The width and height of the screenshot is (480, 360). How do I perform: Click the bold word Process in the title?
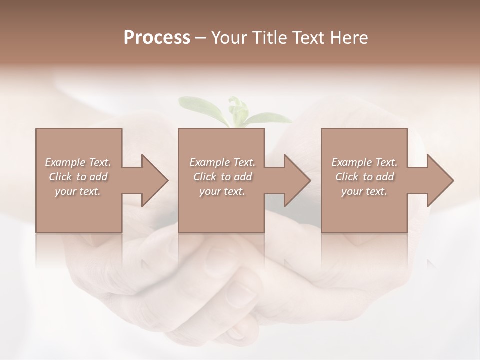click(x=157, y=37)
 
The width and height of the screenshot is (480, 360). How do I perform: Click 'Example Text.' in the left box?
click(x=78, y=162)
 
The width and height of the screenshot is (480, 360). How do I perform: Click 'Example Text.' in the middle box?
click(x=222, y=162)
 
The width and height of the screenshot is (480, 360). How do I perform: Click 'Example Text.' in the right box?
click(x=364, y=162)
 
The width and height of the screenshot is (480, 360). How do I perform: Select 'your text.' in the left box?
click(x=78, y=191)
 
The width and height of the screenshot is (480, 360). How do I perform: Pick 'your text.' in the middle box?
click(x=222, y=191)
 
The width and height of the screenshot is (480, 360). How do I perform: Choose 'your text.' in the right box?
click(x=364, y=191)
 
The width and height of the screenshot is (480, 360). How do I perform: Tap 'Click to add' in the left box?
click(x=78, y=177)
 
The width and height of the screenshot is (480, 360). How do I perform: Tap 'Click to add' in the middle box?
click(x=222, y=177)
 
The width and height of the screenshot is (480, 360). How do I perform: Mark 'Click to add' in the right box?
click(x=364, y=177)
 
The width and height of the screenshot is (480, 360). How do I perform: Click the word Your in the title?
click(x=229, y=37)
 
